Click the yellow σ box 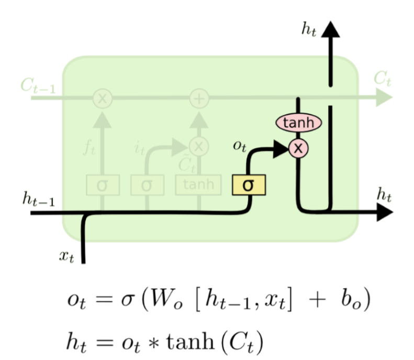click(249, 185)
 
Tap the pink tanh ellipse click(298, 123)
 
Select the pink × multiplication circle click(298, 148)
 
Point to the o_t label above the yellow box click(240, 146)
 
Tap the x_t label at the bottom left click(66, 257)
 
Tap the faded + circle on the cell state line click(198, 98)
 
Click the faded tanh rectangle click(198, 184)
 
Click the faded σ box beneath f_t click(103, 184)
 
